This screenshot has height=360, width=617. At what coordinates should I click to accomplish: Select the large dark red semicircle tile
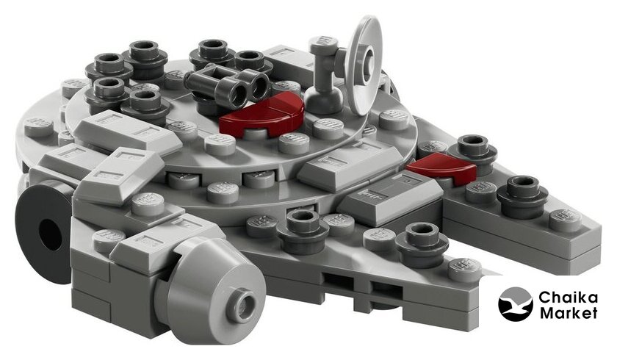pyautogui.click(x=261, y=113)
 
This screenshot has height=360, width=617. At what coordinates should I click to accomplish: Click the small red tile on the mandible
pyautogui.click(x=442, y=168)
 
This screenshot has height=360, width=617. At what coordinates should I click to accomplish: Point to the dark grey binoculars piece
pyautogui.click(x=228, y=84)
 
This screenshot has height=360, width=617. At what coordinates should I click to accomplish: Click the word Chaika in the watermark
pyautogui.click(x=568, y=298)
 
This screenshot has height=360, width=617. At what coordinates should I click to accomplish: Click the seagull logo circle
pyautogui.click(x=516, y=304)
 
